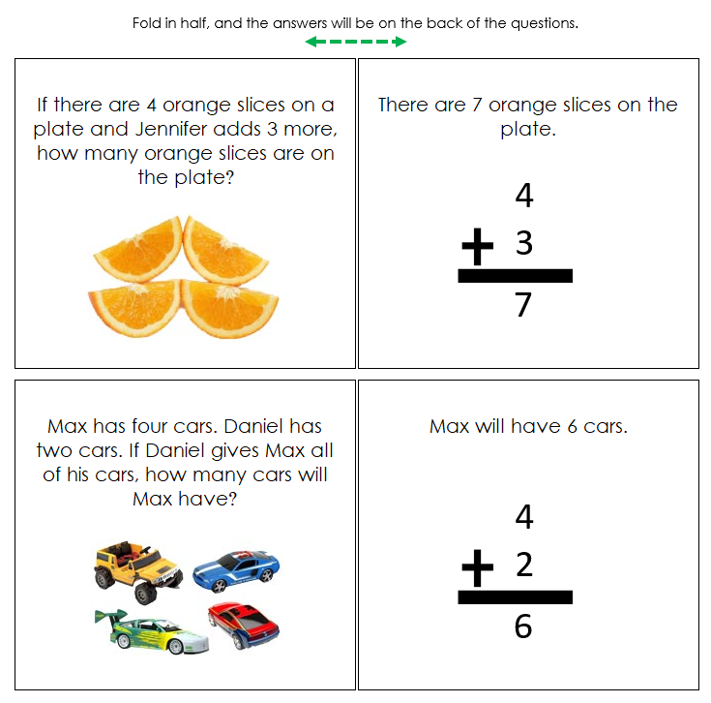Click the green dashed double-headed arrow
point(355,42)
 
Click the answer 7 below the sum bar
point(523,305)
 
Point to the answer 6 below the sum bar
point(523,627)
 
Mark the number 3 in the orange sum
point(523,242)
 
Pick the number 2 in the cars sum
point(523,564)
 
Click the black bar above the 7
point(515,276)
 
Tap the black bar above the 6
point(515,597)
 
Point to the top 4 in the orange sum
point(523,196)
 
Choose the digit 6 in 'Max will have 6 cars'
point(573,426)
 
